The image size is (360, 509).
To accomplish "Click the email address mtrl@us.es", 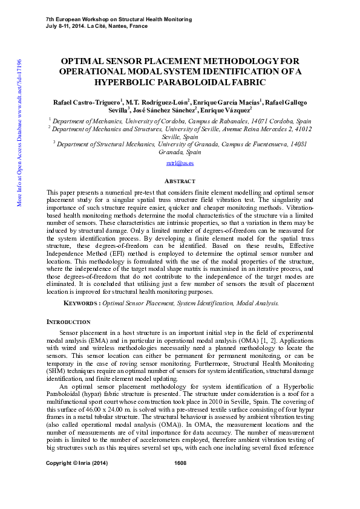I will click(180, 163).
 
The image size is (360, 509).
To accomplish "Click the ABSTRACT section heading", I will click(180, 181).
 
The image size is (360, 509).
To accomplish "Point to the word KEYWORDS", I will click(82, 303).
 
